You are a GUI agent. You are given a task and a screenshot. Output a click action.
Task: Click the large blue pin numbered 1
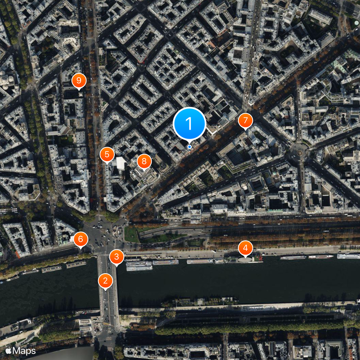[189, 123]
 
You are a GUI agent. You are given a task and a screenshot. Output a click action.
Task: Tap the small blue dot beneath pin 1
[189, 147]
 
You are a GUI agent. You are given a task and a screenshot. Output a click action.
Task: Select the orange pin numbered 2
[105, 281]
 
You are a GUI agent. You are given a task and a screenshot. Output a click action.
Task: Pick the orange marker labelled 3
[117, 257]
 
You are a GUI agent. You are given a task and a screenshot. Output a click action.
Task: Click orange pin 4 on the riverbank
[245, 248]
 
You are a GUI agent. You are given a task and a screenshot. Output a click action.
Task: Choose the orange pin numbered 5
[107, 155]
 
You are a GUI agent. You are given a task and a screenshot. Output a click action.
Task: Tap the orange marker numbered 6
[81, 239]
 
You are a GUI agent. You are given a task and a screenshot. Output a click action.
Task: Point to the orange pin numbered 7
[245, 121]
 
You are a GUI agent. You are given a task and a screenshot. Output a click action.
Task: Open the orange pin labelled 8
[144, 161]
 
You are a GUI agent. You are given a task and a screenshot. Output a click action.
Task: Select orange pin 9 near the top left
[79, 81]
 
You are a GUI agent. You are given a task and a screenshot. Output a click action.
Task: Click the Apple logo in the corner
[9, 351]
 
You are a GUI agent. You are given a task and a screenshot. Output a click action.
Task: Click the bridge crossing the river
[108, 292]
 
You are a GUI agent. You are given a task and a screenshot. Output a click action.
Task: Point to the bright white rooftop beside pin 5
[121, 163]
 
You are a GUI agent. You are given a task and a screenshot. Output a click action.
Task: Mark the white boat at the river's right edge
[349, 256]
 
